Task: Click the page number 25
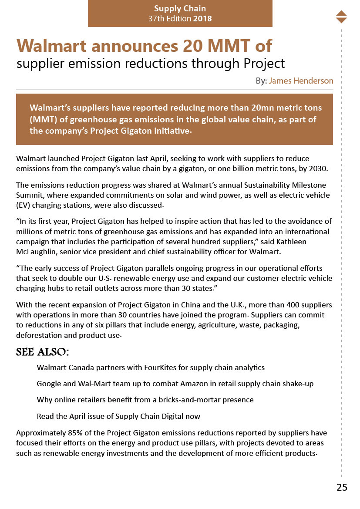point(342,487)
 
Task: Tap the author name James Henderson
point(301,81)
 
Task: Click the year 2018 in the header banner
point(202,19)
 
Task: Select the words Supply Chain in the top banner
point(180,8)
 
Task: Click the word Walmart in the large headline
point(54,46)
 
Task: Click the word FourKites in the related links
point(160,367)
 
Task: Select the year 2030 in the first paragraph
point(317,169)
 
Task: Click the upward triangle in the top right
point(341,13)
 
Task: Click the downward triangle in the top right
point(341,20)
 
